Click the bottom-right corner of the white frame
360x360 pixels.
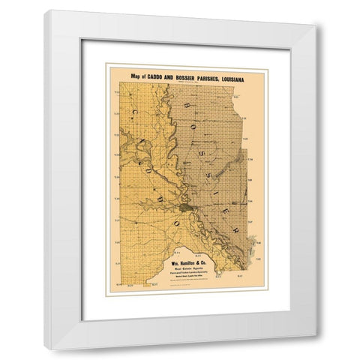[316, 348]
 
